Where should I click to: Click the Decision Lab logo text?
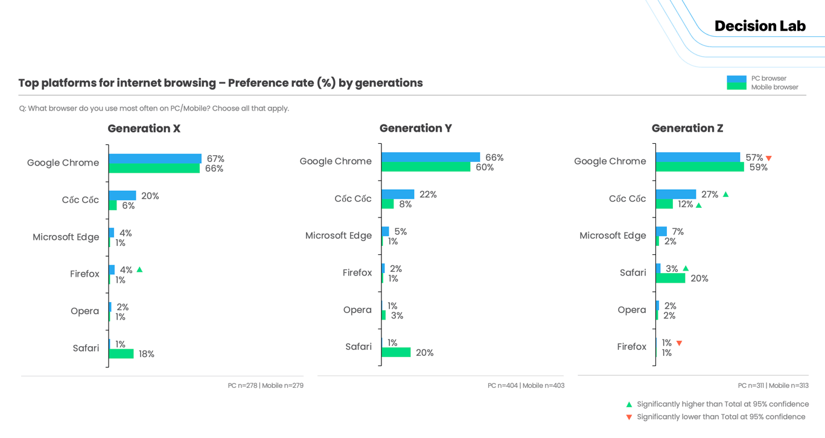[x=760, y=26]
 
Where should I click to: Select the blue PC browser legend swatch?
[x=736, y=79]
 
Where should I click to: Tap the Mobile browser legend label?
[x=774, y=87]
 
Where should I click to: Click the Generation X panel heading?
[x=144, y=129]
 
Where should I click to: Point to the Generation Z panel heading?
[x=687, y=128]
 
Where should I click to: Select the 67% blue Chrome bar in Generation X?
[x=155, y=158]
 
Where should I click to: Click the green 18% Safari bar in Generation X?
[x=121, y=354]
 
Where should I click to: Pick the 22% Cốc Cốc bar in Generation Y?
[x=398, y=195]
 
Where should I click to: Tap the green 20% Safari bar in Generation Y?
[x=396, y=352]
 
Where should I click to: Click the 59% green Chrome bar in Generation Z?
[x=699, y=167]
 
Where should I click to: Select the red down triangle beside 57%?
[x=769, y=158]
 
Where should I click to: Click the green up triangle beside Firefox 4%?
[x=139, y=269]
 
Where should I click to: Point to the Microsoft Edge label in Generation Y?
[x=338, y=236]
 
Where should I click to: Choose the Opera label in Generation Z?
[x=631, y=310]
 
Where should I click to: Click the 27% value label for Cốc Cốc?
[x=710, y=195]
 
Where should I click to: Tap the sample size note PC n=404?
[x=503, y=385]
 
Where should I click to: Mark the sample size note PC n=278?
[x=243, y=385]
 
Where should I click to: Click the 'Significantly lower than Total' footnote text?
[x=721, y=417]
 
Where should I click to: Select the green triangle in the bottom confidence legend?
[x=629, y=404]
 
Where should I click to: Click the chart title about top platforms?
[x=220, y=83]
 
